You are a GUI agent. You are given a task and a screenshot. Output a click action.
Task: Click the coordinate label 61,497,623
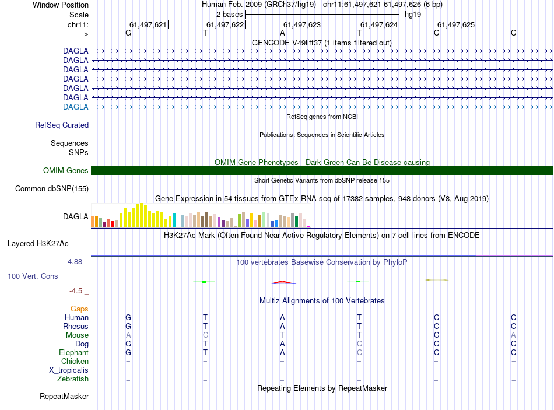click(302, 24)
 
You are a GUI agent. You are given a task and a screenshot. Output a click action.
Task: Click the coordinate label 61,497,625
click(456, 24)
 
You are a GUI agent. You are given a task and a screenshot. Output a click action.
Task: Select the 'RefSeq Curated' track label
click(62, 125)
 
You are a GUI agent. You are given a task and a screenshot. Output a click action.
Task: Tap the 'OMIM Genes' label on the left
click(66, 170)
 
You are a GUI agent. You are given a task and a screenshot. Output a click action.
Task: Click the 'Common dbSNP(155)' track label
click(52, 188)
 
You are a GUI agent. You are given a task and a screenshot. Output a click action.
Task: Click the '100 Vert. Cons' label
click(33, 276)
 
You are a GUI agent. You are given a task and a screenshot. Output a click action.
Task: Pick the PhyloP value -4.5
click(76, 291)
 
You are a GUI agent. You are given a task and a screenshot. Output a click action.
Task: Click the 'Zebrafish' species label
click(73, 379)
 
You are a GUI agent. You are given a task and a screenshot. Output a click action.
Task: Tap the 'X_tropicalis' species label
click(69, 370)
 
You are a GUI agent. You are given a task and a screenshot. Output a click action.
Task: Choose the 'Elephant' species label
click(73, 353)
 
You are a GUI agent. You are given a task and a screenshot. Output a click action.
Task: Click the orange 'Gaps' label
click(79, 309)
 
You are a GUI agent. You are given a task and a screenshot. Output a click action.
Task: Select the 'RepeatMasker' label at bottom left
click(64, 397)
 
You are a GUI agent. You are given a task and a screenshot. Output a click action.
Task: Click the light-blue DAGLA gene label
click(76, 107)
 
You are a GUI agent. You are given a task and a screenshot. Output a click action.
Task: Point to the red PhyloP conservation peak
click(282, 282)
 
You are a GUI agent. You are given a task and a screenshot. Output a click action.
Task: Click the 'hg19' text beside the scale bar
click(413, 14)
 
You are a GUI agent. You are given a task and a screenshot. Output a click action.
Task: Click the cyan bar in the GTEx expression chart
click(174, 220)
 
